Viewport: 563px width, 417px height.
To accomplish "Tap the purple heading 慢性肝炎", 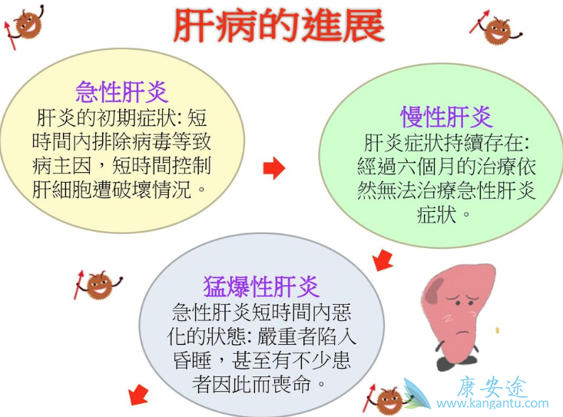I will [x=446, y=117].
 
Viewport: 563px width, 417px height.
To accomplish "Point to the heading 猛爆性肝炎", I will [x=261, y=286].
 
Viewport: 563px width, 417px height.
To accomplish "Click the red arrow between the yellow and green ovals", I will [x=273, y=167].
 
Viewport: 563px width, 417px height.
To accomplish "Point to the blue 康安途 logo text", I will [x=492, y=386].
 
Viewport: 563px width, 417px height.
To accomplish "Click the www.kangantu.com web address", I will [x=492, y=403].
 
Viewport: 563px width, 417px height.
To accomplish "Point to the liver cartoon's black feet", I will [x=459, y=360].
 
